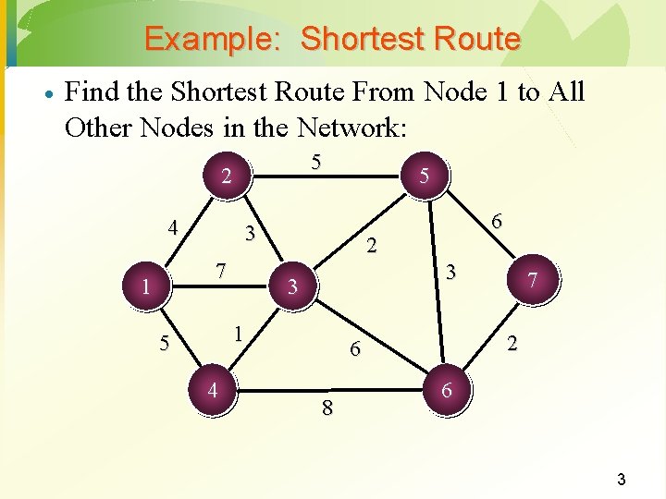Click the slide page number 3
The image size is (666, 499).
[x=622, y=479]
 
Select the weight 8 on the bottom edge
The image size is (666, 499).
[x=327, y=408]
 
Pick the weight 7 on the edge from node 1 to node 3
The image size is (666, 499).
[x=220, y=271]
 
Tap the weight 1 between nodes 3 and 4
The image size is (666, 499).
[x=238, y=332]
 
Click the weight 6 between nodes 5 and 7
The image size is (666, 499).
[x=497, y=222]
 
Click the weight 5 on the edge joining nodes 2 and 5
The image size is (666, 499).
[x=315, y=163]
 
